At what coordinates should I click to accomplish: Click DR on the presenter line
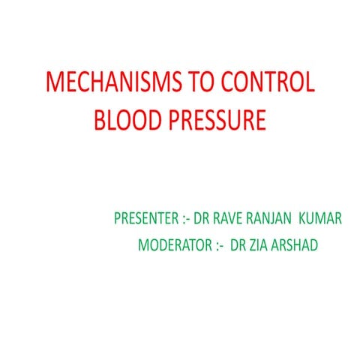[x=202, y=219]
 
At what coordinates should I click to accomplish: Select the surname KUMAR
[x=321, y=219]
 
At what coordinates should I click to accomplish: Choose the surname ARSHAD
[x=297, y=245]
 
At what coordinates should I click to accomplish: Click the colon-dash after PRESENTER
[x=186, y=219]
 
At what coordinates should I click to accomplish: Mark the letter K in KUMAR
[x=303, y=219]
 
